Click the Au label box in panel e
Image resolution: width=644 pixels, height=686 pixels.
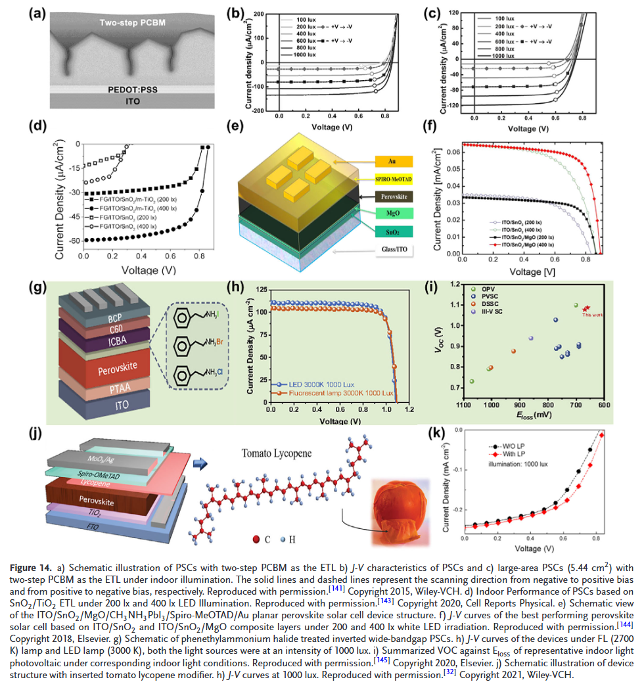(x=392, y=161)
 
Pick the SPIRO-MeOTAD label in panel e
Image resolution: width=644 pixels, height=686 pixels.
(x=392, y=179)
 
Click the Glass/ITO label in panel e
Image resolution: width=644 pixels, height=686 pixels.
(x=392, y=250)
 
